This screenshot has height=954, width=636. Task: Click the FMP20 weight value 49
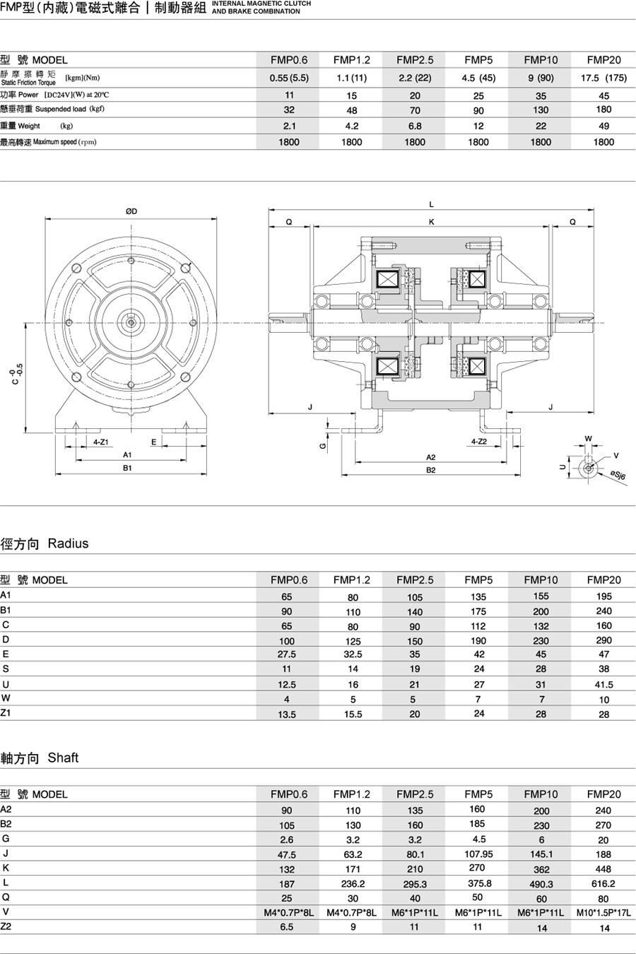point(603,126)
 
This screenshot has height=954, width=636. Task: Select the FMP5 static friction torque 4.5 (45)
point(478,78)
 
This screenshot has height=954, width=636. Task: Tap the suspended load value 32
point(289,110)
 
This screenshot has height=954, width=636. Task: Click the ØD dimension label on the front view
point(131,211)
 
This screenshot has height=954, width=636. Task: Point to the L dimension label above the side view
point(432,205)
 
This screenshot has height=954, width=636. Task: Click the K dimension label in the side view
point(432,222)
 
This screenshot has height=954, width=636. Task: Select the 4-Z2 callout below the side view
point(479,442)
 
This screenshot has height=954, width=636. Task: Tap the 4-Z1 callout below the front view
point(100,442)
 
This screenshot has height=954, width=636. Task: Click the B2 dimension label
point(431,470)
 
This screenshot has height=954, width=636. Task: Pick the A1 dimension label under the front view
point(128,455)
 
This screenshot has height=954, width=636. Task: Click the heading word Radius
point(68,543)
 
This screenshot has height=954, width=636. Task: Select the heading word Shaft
point(63,758)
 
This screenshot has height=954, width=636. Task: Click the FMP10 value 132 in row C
point(541,626)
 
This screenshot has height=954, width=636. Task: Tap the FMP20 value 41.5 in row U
point(603,684)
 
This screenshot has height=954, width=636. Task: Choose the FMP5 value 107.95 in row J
point(478,854)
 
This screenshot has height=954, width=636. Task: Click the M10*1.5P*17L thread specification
point(603,912)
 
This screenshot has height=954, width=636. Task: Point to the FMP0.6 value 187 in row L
point(287,883)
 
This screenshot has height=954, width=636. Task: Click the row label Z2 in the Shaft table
point(6,926)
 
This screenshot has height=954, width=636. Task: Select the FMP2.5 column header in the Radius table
point(415,579)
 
